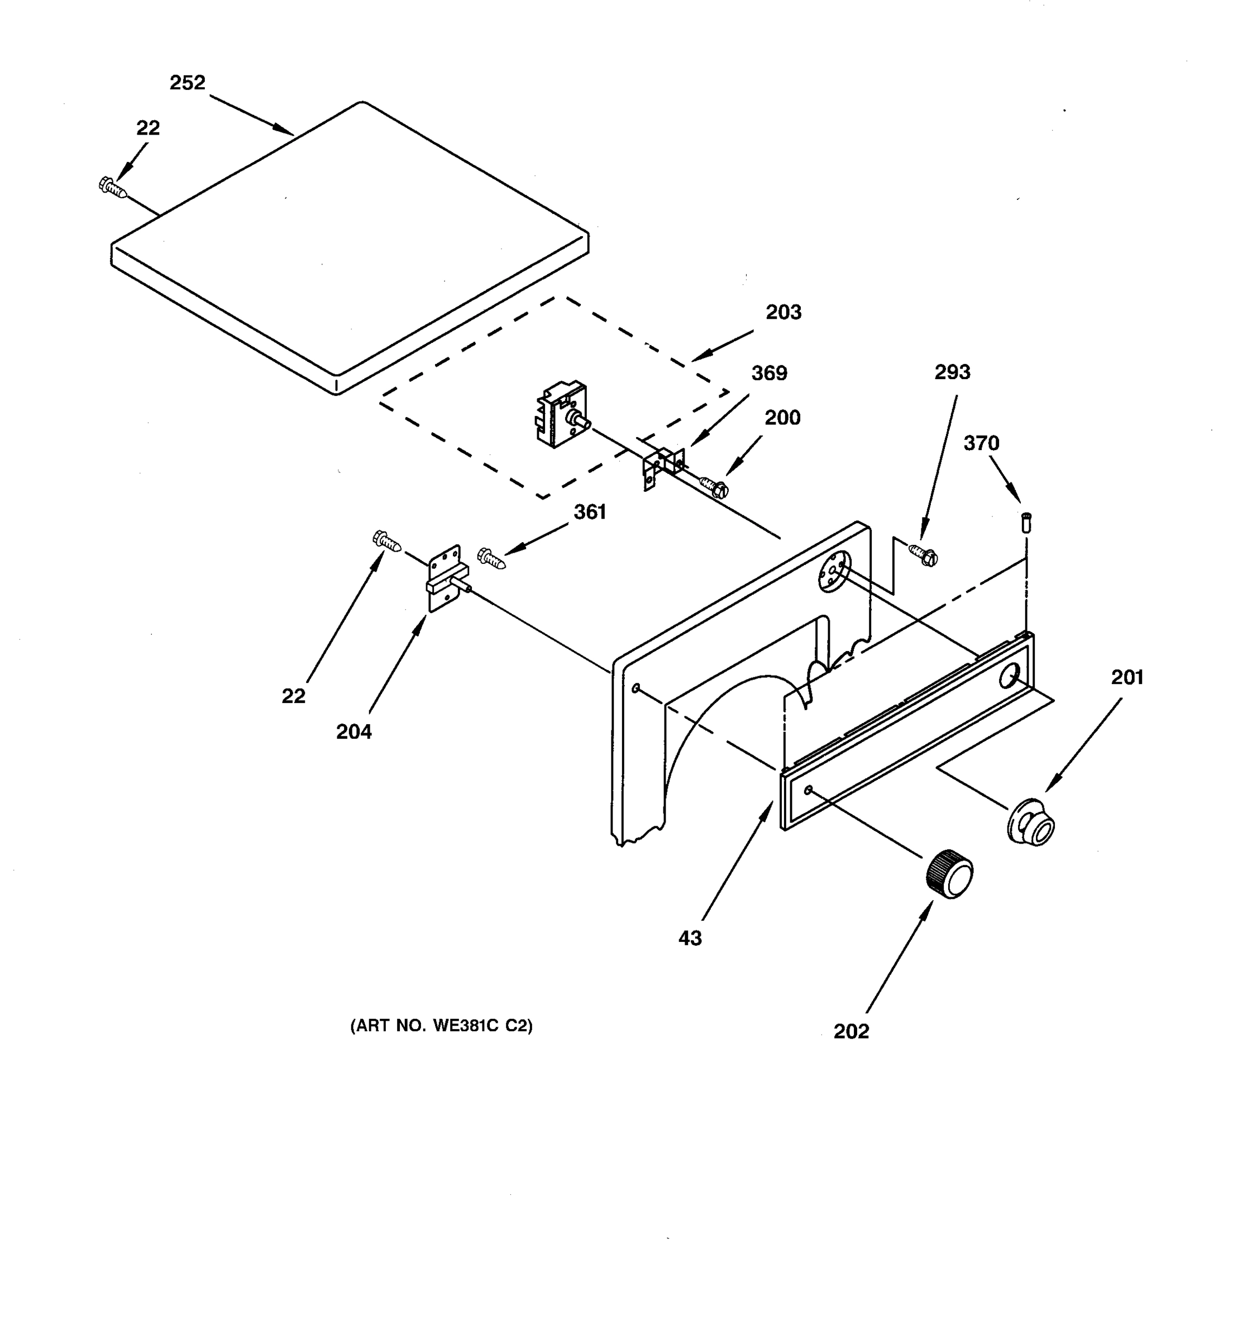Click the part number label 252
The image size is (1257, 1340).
[x=188, y=83]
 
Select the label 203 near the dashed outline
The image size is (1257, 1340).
[x=783, y=312]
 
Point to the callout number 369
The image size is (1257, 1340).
[x=769, y=373]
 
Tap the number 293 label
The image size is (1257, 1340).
[x=952, y=371]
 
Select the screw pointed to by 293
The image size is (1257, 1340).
[x=924, y=555]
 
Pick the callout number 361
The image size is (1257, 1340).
[x=590, y=513]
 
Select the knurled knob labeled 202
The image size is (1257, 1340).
[x=950, y=874]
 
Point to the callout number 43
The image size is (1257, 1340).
[x=690, y=937]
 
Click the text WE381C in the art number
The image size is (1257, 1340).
[x=465, y=1025]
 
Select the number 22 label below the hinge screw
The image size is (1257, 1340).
[x=293, y=696]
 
